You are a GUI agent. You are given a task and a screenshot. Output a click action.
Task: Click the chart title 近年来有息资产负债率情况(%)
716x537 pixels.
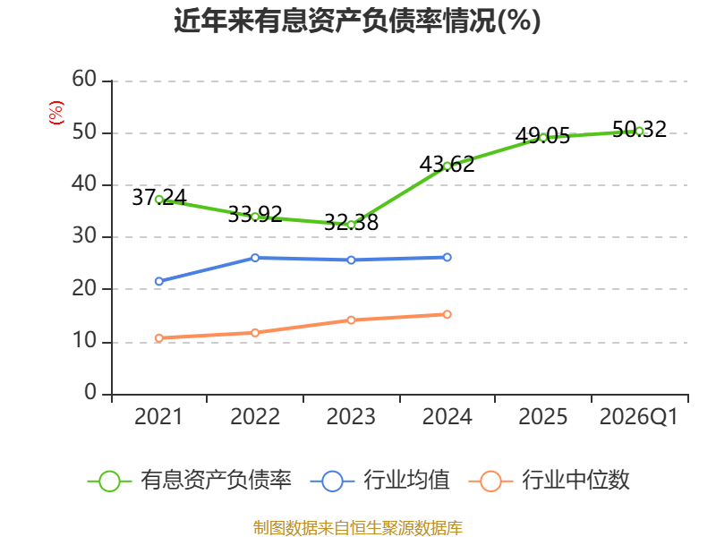(x=357, y=21)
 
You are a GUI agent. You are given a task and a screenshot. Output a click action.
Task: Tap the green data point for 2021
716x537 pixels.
(x=159, y=200)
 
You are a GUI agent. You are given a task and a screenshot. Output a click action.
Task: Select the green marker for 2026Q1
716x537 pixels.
(x=639, y=131)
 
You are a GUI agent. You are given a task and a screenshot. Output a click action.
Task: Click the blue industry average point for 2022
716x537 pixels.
(x=255, y=258)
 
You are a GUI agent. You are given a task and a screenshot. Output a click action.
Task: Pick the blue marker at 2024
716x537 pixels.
(x=447, y=258)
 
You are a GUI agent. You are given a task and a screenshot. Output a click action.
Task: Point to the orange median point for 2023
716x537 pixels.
(x=351, y=320)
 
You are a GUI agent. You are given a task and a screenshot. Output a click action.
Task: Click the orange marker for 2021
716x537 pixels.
(x=159, y=338)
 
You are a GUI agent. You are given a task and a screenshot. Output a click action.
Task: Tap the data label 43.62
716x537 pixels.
(x=447, y=165)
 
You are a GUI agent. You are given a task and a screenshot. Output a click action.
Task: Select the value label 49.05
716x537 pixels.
(x=543, y=136)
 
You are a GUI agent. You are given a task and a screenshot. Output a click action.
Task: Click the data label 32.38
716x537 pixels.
(x=351, y=222)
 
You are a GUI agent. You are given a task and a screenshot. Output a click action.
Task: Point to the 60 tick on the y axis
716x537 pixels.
(x=84, y=79)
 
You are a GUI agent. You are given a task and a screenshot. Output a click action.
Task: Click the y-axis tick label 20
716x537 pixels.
(x=84, y=288)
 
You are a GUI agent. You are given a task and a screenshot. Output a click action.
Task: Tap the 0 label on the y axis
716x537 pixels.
(x=90, y=392)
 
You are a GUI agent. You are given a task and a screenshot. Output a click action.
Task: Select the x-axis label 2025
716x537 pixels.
(x=543, y=416)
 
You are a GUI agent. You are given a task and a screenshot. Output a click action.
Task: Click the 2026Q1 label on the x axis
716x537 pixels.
(x=639, y=416)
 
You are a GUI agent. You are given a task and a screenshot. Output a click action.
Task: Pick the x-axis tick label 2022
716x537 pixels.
(x=255, y=416)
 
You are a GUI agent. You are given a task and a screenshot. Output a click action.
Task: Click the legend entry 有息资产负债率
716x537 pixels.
(x=190, y=481)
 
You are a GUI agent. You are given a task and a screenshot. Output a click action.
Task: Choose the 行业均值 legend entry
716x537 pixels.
(x=379, y=481)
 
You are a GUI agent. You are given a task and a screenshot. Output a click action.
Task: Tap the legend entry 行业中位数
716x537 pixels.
(x=549, y=481)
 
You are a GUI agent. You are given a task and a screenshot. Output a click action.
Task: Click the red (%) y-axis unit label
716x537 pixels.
(x=56, y=113)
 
